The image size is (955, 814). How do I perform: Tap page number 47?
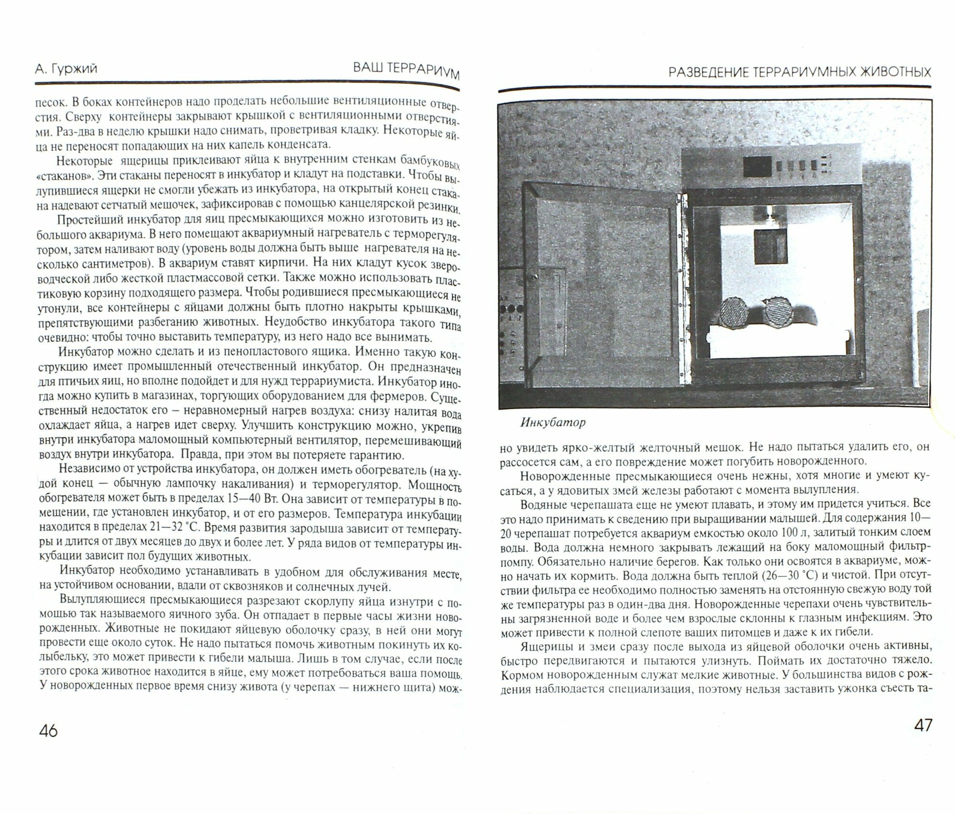tap(923, 726)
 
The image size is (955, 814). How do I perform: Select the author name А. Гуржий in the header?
tap(66, 69)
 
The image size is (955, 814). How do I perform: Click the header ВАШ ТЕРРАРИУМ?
tap(406, 71)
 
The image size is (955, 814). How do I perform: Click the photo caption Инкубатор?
tap(552, 423)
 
